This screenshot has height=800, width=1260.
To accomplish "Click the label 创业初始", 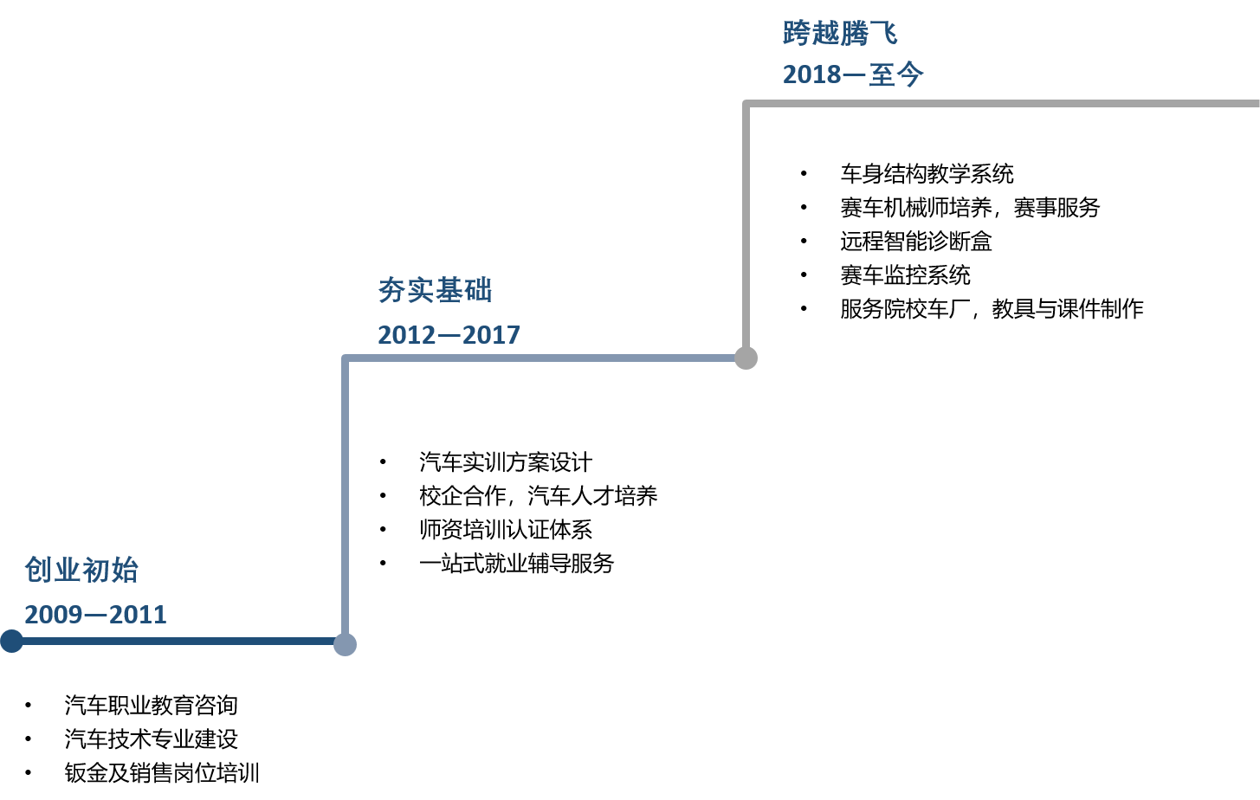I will [81, 571].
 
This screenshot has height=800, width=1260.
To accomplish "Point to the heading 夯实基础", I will [435, 291].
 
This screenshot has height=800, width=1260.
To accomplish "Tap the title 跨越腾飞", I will [840, 33].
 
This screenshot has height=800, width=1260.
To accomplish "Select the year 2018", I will [811, 75].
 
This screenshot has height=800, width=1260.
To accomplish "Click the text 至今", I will [896, 75].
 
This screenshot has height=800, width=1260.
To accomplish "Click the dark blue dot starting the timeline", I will [11, 642].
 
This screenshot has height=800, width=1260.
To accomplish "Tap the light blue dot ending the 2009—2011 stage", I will [345, 644].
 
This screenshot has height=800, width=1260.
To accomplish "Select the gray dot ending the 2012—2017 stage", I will [746, 358].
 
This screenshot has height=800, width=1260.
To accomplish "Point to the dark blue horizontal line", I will [173, 642].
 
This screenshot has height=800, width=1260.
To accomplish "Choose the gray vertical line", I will [746, 225].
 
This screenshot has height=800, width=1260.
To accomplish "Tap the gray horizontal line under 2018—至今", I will [996, 104].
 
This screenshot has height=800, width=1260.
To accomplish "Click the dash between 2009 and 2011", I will [95, 616].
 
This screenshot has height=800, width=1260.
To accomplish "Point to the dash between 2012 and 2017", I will [449, 336].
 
